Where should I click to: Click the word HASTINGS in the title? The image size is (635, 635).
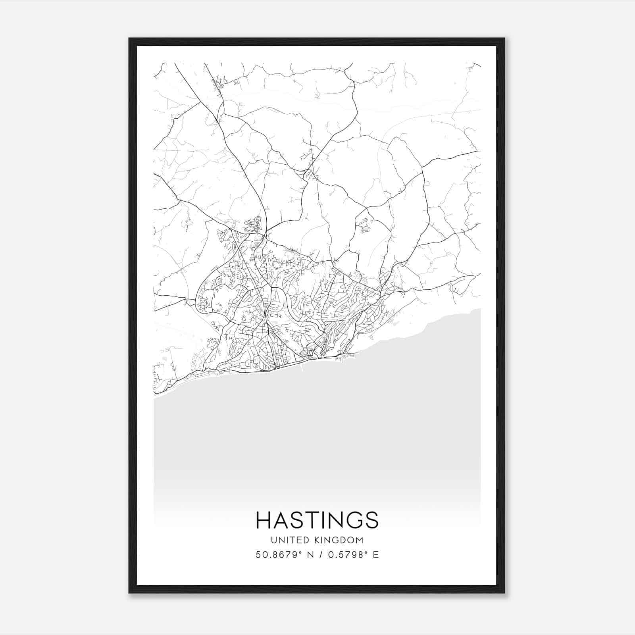coord(317,520)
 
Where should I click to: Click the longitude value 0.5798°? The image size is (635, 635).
coord(344,555)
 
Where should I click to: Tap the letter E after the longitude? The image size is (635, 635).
coord(376,555)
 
